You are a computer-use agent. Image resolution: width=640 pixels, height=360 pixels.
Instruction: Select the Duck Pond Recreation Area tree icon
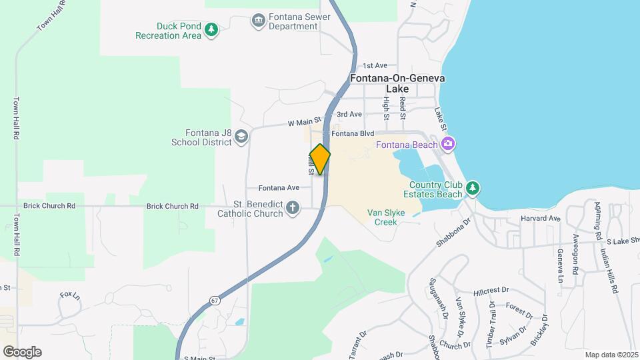point(211,29)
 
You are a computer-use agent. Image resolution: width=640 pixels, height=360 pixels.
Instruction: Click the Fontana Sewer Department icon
point(258,21)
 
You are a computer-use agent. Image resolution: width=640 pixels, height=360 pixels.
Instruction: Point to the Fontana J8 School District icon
point(241,136)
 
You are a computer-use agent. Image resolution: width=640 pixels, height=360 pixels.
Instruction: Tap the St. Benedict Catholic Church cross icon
point(293,209)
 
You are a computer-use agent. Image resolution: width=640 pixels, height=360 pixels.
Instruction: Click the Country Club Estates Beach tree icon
point(473,188)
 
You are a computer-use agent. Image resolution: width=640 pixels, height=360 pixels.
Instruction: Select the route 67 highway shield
point(213,300)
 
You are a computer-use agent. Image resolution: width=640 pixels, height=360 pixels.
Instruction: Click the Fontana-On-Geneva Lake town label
point(397,83)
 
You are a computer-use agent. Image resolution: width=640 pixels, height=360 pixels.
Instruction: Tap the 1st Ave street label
point(375,66)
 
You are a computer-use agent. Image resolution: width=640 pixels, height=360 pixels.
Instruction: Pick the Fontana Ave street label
point(279,188)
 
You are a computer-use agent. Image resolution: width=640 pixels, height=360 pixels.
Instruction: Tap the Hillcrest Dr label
point(491,291)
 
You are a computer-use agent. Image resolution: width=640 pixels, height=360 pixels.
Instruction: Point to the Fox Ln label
point(69,295)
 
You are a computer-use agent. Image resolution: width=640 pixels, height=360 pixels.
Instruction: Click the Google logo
point(22,351)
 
